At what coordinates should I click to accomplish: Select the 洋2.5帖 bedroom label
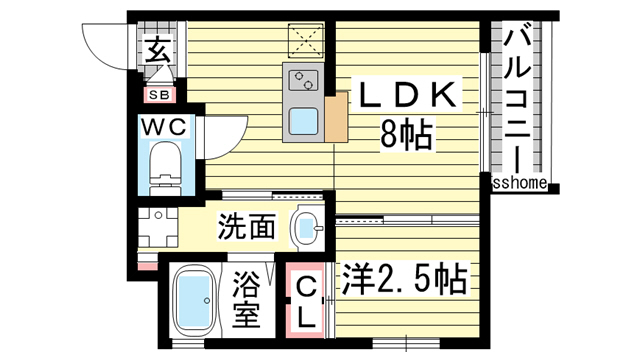pos(405,281)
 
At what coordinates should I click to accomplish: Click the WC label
pos(161,128)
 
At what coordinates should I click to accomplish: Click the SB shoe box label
pos(159,96)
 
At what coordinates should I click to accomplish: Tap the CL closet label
pos(309,303)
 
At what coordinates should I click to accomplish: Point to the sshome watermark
pos(520,183)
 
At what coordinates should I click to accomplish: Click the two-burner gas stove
pos(302,77)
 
